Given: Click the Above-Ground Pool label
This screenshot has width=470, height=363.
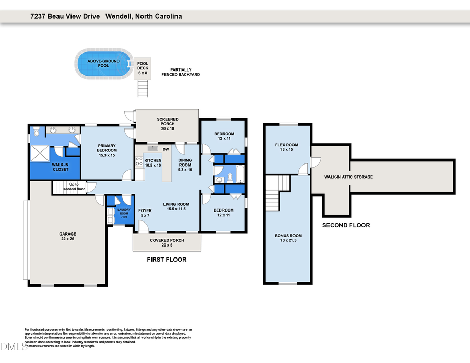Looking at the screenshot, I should point(103,63).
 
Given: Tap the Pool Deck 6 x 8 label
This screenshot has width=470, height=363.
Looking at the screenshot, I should point(143,68).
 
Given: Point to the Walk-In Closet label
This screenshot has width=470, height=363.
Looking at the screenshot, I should point(60,167).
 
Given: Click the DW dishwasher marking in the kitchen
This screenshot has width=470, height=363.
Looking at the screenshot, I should point(165,149).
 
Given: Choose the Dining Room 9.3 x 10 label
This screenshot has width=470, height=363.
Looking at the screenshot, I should point(185,165).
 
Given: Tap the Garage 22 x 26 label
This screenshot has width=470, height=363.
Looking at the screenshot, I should point(67,237).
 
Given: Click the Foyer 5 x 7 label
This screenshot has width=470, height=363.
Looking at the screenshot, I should point(145,213).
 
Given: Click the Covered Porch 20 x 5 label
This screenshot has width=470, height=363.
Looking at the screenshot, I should point(167,242).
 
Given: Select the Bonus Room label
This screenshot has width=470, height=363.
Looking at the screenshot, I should point(288,238).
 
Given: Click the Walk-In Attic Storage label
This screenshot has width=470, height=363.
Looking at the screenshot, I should point(348,177).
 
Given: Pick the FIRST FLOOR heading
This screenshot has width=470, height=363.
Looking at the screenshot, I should point(167,259).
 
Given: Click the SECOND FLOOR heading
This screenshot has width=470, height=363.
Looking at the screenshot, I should point(346,225).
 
